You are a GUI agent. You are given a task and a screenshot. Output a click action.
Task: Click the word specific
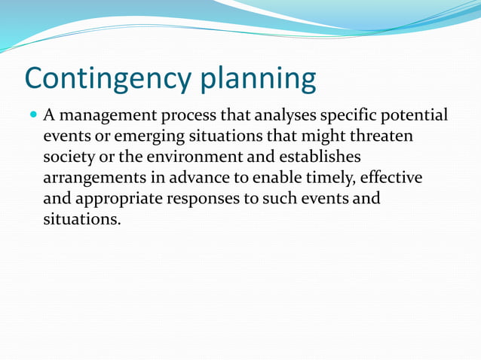coord(353,117)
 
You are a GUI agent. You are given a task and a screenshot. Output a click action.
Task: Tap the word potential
coord(417,117)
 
